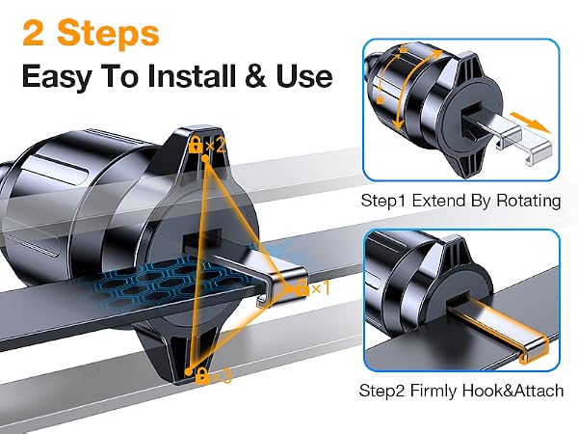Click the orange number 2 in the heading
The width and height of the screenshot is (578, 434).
point(33,34)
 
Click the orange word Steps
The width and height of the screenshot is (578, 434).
point(108,34)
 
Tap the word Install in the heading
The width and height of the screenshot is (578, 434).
point(192,76)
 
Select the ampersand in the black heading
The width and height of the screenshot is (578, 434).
point(255,76)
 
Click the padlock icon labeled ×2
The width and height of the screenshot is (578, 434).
point(196,145)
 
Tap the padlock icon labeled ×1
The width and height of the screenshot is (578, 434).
point(302,287)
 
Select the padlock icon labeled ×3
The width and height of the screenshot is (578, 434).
point(202,375)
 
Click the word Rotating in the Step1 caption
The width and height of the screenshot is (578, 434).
point(529,202)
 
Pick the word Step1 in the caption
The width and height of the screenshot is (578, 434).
point(384,202)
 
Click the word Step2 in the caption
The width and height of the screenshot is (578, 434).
point(382,391)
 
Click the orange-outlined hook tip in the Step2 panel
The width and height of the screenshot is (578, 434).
point(534,351)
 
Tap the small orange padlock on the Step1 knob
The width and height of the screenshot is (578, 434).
point(381,98)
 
